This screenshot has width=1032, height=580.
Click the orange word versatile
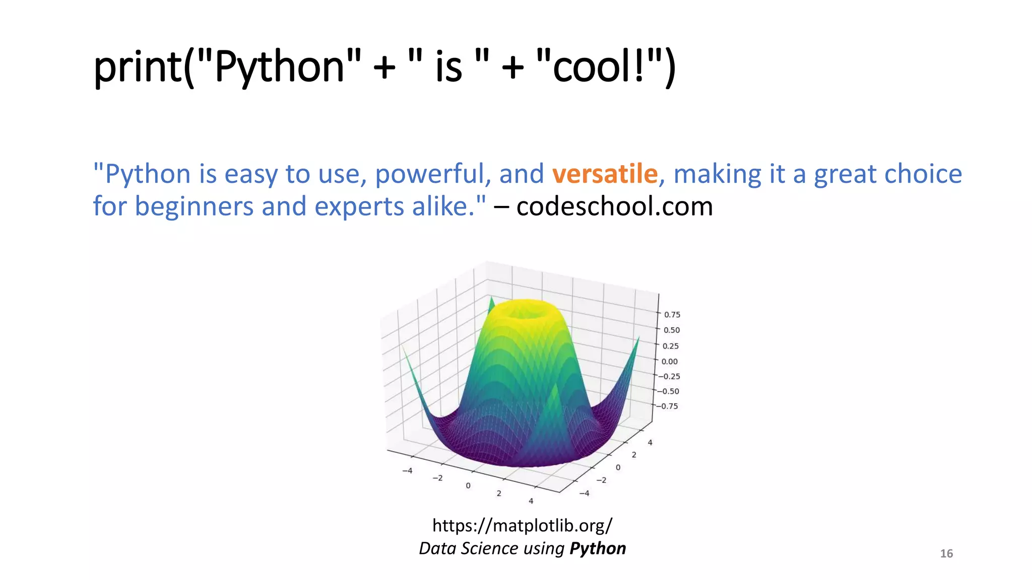pyautogui.click(x=605, y=174)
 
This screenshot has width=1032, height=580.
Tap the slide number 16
pyautogui.click(x=946, y=554)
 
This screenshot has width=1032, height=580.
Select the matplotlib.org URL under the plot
pyautogui.click(x=522, y=526)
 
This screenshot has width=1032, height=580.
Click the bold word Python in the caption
pyautogui.click(x=598, y=548)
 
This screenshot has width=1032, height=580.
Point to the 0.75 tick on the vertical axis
pyautogui.click(x=672, y=315)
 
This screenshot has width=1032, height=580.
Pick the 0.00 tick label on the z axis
pyautogui.click(x=669, y=361)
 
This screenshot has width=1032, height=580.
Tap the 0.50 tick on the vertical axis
pyautogui.click(x=671, y=330)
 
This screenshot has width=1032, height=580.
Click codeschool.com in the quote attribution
pyautogui.click(x=614, y=206)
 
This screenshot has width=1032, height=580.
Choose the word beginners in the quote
pyautogui.click(x=193, y=206)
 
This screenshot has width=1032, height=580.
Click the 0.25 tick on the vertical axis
pyautogui.click(x=670, y=346)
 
